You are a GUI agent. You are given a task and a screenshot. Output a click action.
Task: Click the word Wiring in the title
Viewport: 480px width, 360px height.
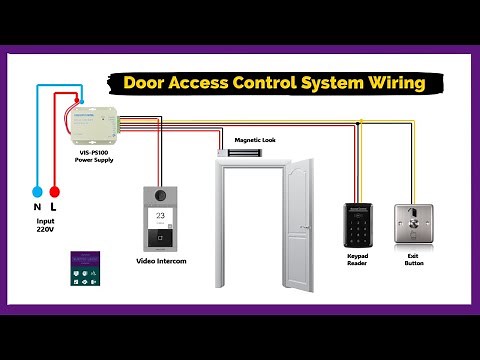pyautogui.click(x=392, y=83)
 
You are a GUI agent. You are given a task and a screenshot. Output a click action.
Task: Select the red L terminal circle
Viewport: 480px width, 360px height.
pyautogui.click(x=55, y=189)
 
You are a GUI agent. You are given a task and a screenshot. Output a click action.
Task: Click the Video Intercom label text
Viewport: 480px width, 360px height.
pyautogui.click(x=161, y=261)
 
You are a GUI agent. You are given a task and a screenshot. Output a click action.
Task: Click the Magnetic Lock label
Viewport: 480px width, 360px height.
pyautogui.click(x=254, y=140)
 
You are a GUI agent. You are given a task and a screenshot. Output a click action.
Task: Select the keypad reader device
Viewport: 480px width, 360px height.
pyautogui.click(x=359, y=226)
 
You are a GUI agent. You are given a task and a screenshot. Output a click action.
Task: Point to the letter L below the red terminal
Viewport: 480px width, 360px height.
pyautogui.click(x=55, y=207)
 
